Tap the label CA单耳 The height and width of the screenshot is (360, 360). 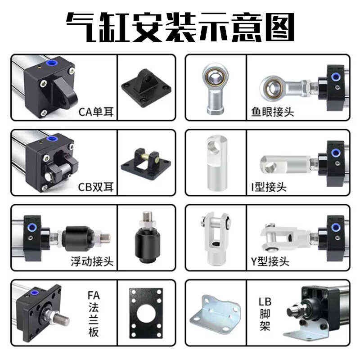coord(96,111)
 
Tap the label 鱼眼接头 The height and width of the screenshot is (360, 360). coord(273,111)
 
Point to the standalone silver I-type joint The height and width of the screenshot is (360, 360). coord(215,163)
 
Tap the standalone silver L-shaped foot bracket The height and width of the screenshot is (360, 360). coord(214,313)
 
